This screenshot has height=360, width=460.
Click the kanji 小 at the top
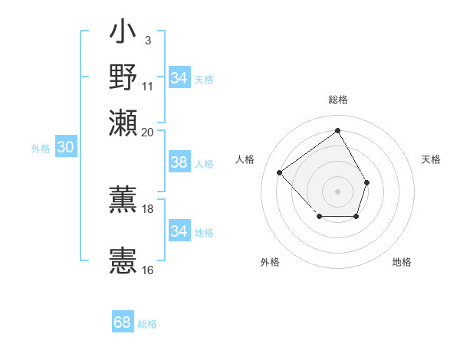tap(123, 34)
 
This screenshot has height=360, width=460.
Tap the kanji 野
tap(123, 77)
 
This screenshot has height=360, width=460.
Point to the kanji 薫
tap(123, 198)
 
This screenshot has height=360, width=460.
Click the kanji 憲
tap(123, 260)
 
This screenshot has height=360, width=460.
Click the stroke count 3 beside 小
tap(147, 40)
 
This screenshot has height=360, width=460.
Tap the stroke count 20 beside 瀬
tap(148, 132)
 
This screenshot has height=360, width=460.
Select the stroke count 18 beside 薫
tap(148, 208)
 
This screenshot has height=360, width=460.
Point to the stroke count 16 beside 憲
tap(148, 270)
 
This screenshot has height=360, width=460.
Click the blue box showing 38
tap(179, 162)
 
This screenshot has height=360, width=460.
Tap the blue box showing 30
tap(65, 148)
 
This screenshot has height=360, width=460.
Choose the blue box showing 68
tap(123, 322)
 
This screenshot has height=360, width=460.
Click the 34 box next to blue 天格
tap(179, 78)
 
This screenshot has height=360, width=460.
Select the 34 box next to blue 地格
tap(179, 231)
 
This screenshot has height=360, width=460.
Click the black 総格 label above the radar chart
tap(337, 100)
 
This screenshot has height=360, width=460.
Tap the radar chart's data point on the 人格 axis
tap(280, 173)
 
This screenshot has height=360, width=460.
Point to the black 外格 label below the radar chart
tap(270, 262)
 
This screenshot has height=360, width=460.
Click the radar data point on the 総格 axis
tap(337, 130)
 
